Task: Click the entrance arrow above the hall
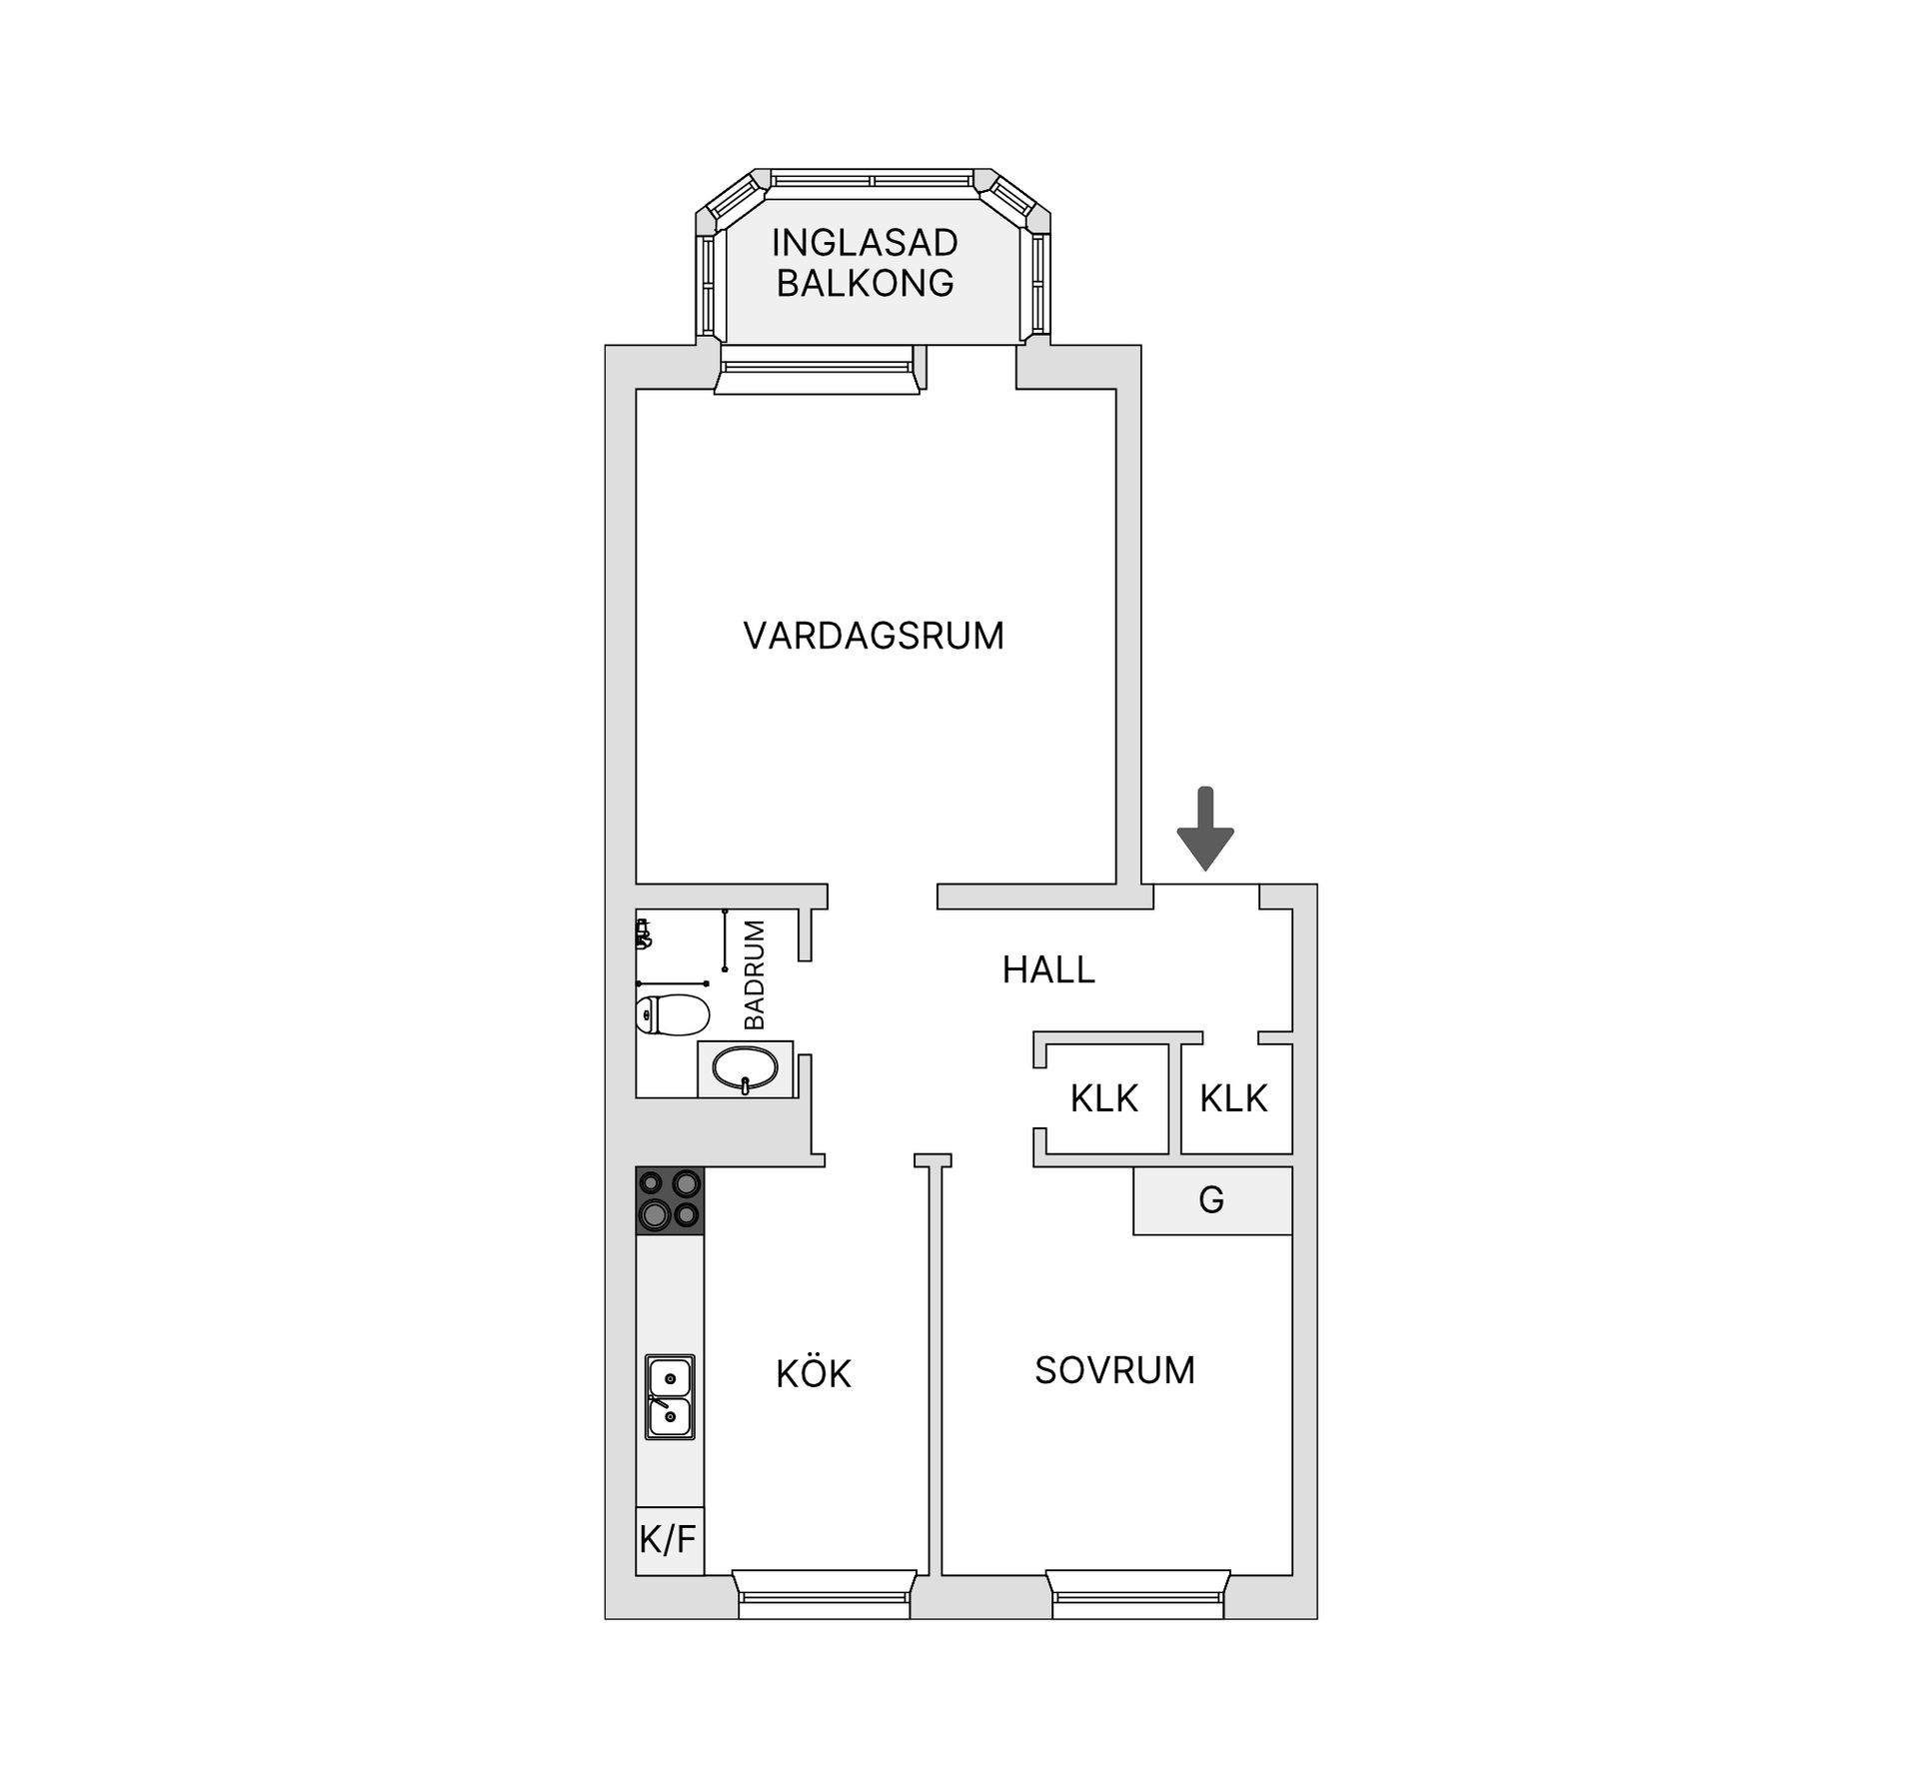tap(1205, 829)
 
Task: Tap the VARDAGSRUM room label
tap(874, 636)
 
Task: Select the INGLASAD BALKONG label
tap(865, 263)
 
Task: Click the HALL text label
tap(1048, 969)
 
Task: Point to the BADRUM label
tap(755, 974)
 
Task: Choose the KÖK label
tap(814, 1375)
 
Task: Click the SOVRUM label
tap(1114, 1370)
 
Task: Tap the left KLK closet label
tap(1103, 1098)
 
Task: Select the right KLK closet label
tap(1233, 1098)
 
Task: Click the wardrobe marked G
tap(1211, 1200)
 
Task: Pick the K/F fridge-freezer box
tap(669, 1539)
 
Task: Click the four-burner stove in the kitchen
tap(670, 1199)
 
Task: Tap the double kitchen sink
tap(670, 1396)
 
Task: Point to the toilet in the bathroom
tap(672, 1014)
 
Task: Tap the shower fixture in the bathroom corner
tap(644, 934)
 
